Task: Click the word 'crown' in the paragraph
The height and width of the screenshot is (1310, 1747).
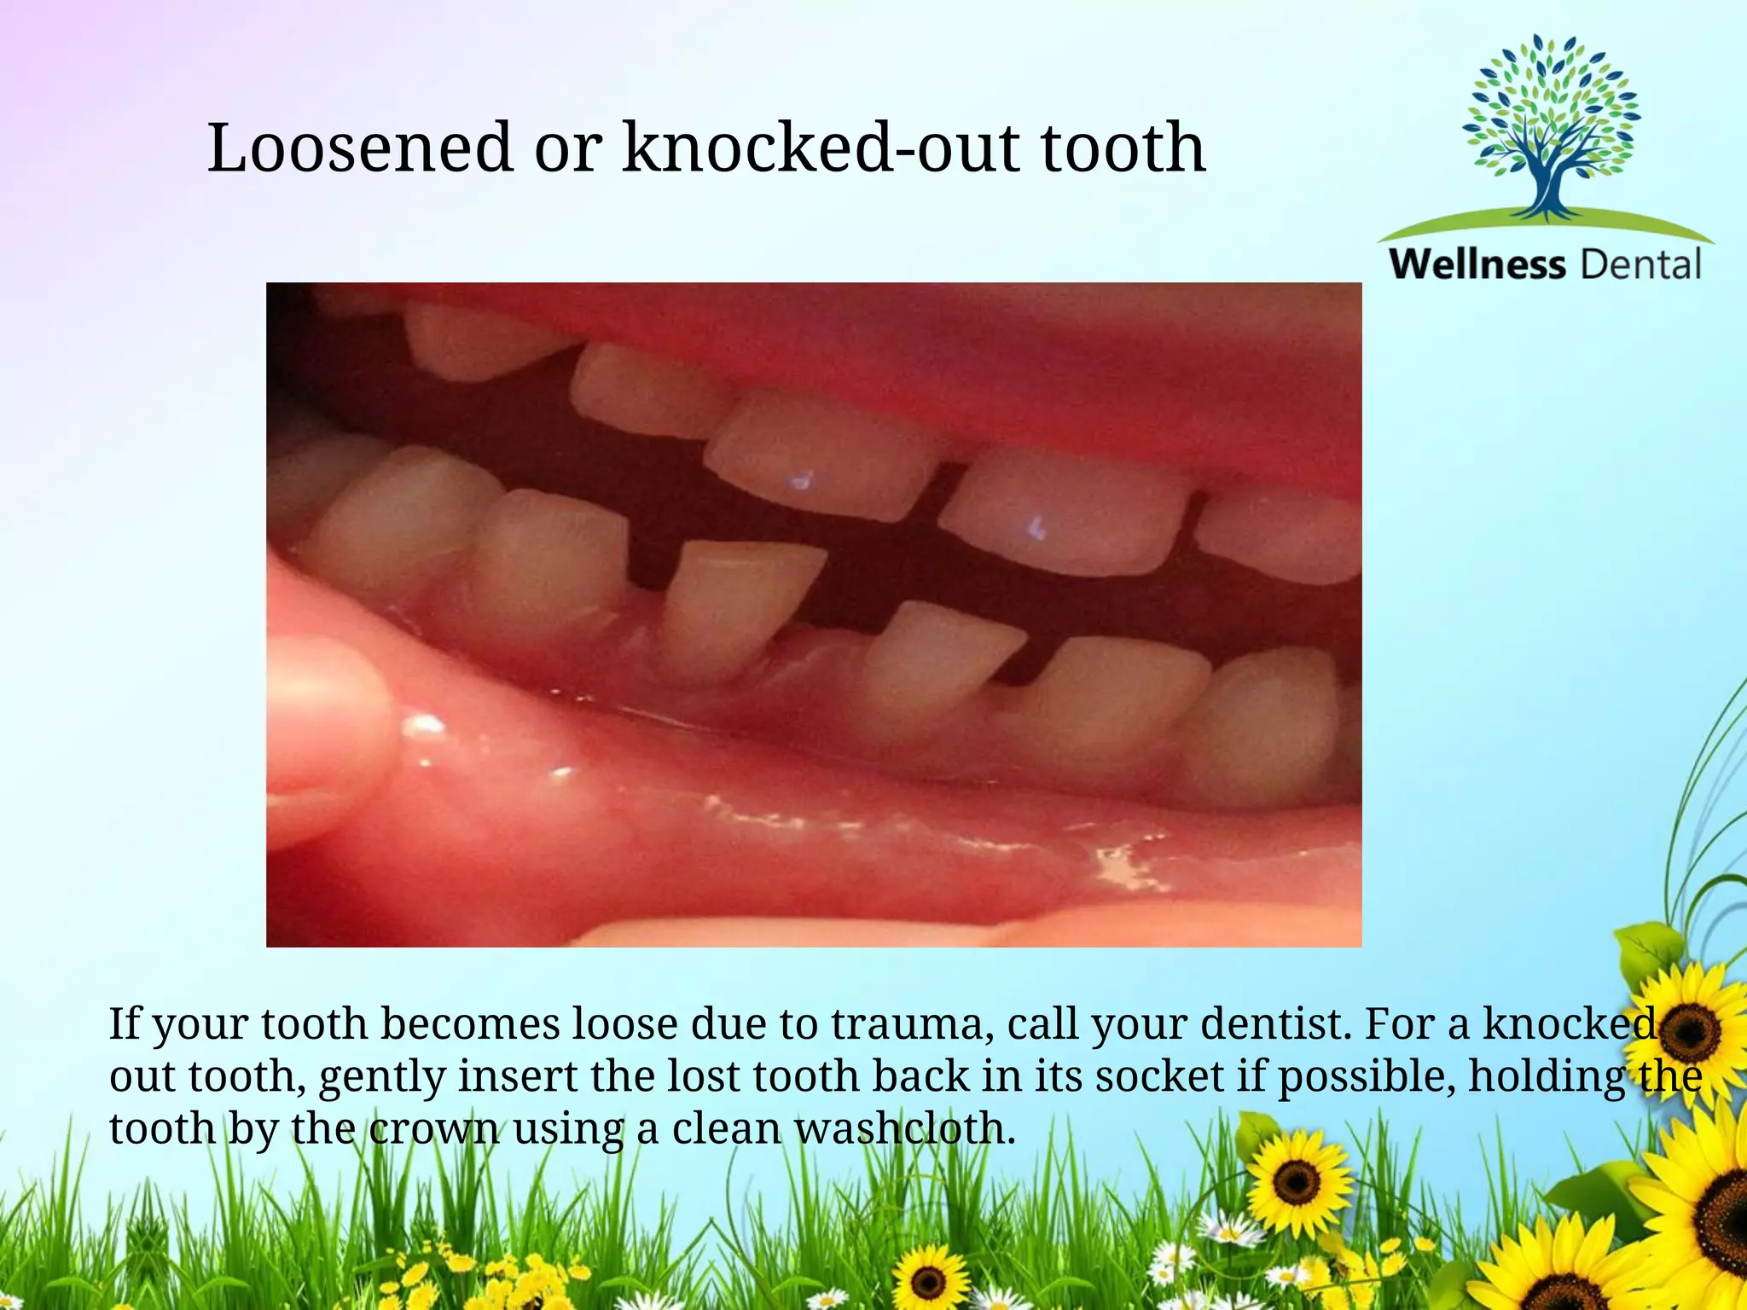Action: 434,1128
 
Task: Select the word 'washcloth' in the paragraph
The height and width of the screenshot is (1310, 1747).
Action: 904,1128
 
